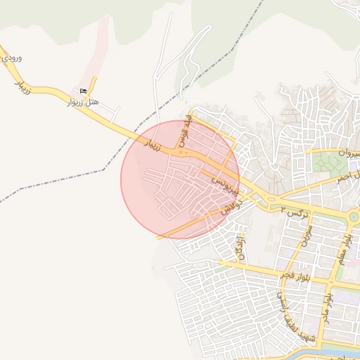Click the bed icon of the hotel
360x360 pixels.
pyautogui.click(x=84, y=91)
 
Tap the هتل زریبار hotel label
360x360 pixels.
pyautogui.click(x=82, y=103)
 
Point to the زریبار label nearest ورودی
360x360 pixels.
pyautogui.click(x=22, y=86)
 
